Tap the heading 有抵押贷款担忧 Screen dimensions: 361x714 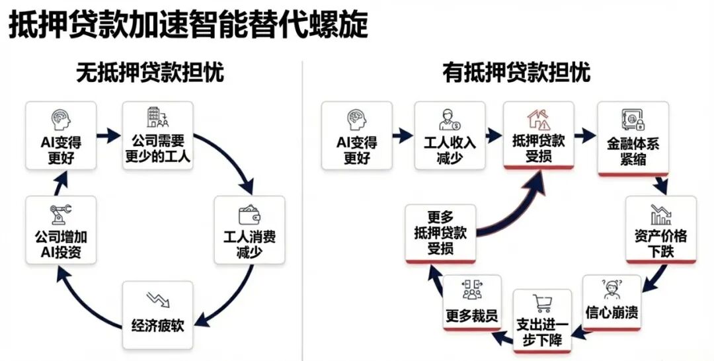pyautogui.click(x=516, y=72)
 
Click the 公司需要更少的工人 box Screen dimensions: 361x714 pyautogui.click(x=158, y=136)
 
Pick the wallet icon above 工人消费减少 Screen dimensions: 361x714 pyautogui.click(x=249, y=215)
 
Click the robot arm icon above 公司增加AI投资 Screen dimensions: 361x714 pyautogui.click(x=61, y=215)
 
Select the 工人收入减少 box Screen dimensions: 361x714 pyautogui.click(x=450, y=136)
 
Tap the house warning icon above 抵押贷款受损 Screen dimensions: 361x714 pyautogui.click(x=537, y=119)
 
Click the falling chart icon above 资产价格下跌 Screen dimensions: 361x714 pyautogui.click(x=660, y=214)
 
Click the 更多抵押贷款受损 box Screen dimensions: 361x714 pyautogui.click(x=440, y=232)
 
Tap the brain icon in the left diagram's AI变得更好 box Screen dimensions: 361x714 pyautogui.click(x=61, y=120)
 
